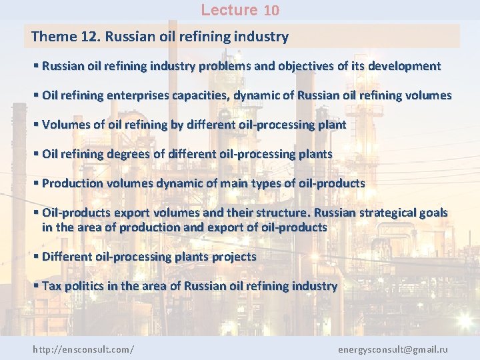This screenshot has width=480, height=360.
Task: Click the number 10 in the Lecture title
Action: point(271,10)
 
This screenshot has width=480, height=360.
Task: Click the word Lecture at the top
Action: point(229,10)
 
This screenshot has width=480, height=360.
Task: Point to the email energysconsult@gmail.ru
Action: point(393,349)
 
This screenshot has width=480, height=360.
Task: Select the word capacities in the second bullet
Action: point(201,95)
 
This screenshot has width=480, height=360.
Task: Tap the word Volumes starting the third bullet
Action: point(65,125)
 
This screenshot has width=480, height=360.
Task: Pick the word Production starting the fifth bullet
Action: point(73,183)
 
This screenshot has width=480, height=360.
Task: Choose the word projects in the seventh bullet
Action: point(233,257)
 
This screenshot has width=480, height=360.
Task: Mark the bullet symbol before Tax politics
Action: point(36,286)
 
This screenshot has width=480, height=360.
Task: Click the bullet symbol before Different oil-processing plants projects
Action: point(36,257)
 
